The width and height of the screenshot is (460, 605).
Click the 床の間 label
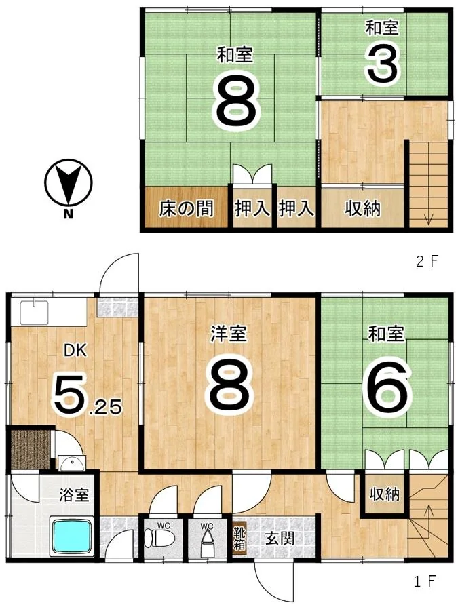[187, 209]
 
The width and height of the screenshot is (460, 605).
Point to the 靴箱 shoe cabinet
[239, 537]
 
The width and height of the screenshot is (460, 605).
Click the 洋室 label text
[229, 334]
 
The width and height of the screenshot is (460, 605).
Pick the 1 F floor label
[425, 581]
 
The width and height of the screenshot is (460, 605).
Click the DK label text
[75, 351]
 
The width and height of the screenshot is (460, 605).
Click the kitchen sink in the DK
[35, 312]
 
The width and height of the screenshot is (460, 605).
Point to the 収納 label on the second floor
[363, 209]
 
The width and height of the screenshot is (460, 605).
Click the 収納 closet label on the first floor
[385, 494]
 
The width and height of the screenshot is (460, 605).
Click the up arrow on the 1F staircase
[428, 516]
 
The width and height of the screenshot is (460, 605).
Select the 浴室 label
[75, 494]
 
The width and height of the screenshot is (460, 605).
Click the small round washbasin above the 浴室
[73, 463]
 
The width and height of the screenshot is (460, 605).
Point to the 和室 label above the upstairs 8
[235, 55]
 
